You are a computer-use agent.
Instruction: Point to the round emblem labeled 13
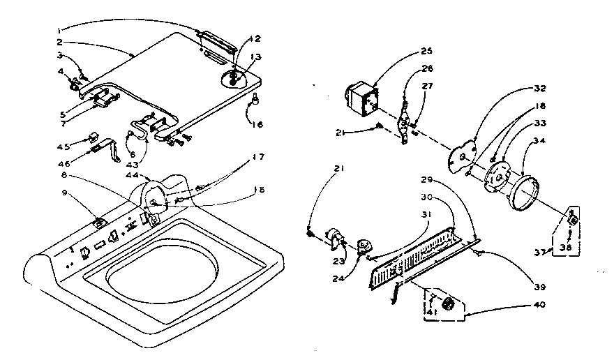pyautogui.click(x=235, y=76)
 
